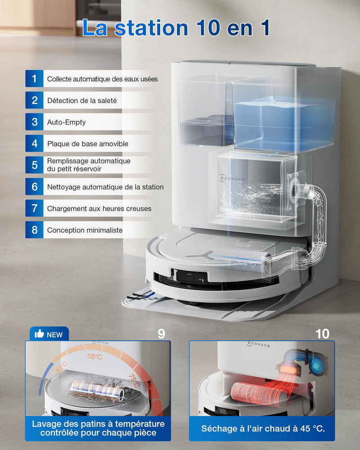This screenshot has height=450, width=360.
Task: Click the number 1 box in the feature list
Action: (x=35, y=78)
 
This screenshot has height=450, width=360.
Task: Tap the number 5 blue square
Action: (x=35, y=165)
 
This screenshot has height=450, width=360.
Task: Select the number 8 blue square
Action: (x=35, y=230)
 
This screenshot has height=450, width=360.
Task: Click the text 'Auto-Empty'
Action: (x=66, y=122)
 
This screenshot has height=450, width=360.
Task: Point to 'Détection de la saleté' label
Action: (x=82, y=101)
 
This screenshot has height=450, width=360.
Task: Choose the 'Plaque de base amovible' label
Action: (x=88, y=144)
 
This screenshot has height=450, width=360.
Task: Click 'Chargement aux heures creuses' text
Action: (x=99, y=209)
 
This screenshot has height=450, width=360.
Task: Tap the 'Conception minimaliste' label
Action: (x=85, y=230)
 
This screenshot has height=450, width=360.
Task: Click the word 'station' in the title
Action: (x=151, y=28)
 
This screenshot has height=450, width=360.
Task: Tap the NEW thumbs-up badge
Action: (x=49, y=334)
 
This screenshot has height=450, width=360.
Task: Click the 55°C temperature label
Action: (x=95, y=356)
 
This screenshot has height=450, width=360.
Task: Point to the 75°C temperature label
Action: (x=135, y=381)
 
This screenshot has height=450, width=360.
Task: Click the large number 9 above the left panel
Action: (x=162, y=334)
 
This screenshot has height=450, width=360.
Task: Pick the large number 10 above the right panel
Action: (x=322, y=334)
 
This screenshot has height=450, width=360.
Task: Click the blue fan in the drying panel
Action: (x=317, y=365)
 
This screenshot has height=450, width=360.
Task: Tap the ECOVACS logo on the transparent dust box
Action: (x=232, y=178)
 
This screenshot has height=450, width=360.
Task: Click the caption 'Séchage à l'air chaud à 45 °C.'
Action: (x=263, y=428)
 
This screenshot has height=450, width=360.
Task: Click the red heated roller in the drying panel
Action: (x=258, y=394)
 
